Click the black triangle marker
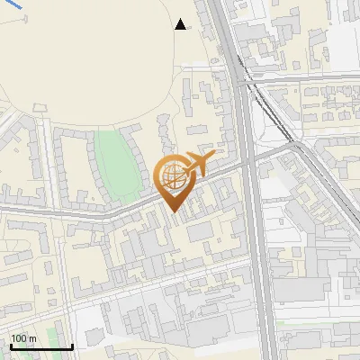coord(181,24)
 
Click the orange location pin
coord(174,180)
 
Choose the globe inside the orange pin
coord(172,175)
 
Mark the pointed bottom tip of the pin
coord(174,211)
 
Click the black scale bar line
coord(40,346)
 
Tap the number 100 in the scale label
coord(20,338)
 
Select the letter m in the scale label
coord(32,338)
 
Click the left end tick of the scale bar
coord(10,345)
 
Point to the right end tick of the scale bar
coord(72,345)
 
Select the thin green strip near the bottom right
coord(315,323)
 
